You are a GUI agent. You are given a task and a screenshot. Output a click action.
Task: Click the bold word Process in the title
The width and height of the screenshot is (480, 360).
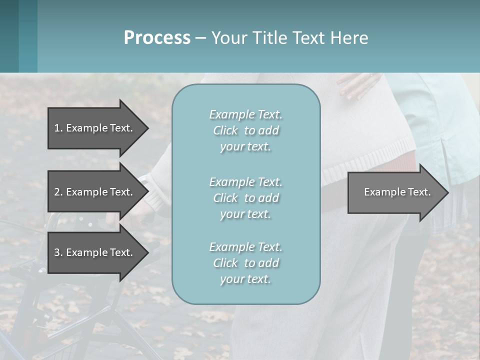[x=157, y=38]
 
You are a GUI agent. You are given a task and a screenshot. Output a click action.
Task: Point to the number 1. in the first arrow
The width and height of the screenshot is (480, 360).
[x=58, y=128]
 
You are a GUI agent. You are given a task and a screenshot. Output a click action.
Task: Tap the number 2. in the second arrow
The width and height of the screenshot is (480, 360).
[x=58, y=192]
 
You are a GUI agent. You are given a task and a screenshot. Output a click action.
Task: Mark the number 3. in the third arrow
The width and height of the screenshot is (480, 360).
[x=58, y=252]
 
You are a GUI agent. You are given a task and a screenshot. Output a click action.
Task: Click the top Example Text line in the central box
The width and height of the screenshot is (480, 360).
[x=245, y=114]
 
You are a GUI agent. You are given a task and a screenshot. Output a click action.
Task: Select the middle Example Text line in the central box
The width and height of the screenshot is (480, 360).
[x=245, y=182]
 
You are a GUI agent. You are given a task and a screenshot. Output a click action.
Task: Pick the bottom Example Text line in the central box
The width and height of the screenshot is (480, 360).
[x=245, y=247]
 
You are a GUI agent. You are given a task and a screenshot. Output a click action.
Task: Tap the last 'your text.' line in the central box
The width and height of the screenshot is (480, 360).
[x=245, y=279]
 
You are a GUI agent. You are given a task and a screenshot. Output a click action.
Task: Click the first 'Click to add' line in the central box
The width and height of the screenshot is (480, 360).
[x=245, y=130]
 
